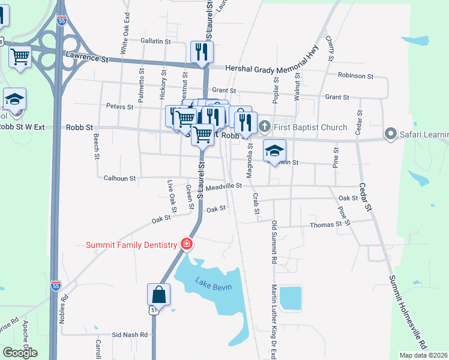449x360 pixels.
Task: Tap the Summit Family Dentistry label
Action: pos(131,244)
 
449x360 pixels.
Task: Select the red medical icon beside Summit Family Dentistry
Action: pos(187,244)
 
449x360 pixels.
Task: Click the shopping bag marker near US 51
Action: pos(159,295)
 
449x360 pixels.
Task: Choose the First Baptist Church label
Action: pos(310,127)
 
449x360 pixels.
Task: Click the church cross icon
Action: pos(265,127)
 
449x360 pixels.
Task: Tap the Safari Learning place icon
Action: pos(391,133)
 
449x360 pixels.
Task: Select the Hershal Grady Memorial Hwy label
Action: pos(271,70)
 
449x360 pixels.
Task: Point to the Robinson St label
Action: pos(355,76)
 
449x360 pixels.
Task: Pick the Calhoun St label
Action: pos(120,178)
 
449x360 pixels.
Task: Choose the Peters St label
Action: pos(119,107)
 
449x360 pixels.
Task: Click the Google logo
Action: pos(20,353)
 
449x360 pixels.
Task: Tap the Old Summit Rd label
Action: pos(274,242)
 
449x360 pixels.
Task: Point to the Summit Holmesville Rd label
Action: pos(408,312)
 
